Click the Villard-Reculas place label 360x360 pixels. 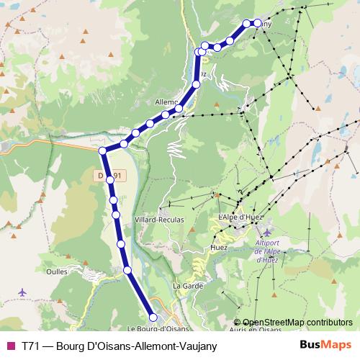[x=159, y=219]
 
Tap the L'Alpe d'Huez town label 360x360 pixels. [x=238, y=217]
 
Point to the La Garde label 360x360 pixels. [x=185, y=286]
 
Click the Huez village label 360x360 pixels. [x=220, y=248]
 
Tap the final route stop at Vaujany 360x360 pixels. [x=257, y=22]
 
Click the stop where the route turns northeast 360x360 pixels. [x=103, y=150]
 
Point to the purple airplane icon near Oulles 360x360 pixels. [x=22, y=292]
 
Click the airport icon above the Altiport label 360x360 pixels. [x=268, y=233]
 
